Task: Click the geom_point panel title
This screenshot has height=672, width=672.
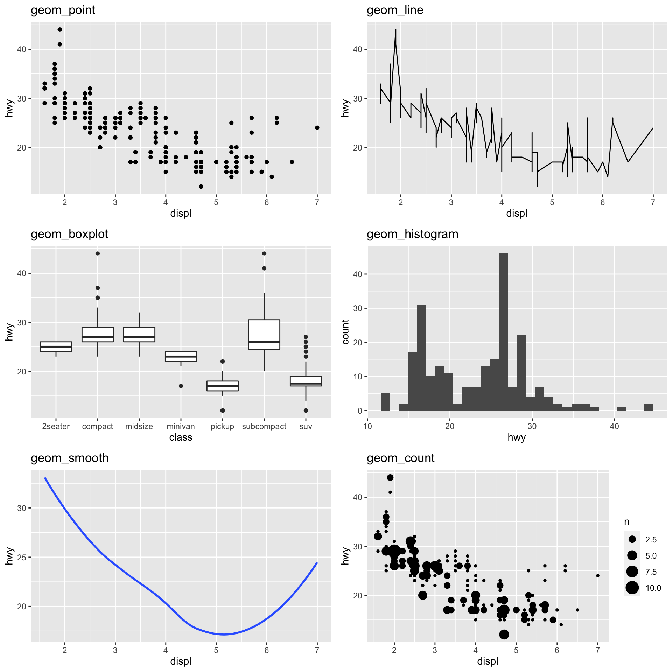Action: [x=63, y=10]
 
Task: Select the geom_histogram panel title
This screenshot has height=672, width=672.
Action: [x=412, y=234]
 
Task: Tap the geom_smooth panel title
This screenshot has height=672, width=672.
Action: [x=70, y=458]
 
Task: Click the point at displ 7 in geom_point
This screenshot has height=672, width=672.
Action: [x=317, y=128]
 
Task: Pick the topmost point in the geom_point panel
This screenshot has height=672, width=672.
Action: [x=60, y=30]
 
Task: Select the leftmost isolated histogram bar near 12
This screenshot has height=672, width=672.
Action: [x=385, y=402]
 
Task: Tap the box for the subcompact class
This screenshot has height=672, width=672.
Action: [x=264, y=334]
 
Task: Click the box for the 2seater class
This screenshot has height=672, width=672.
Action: [x=56, y=346]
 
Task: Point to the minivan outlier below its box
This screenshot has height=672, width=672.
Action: [x=181, y=386]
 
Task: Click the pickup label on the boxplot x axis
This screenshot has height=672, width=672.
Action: [x=222, y=426]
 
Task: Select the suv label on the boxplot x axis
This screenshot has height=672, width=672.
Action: [x=306, y=426]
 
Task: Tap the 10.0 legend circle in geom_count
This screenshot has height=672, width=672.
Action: [x=632, y=588]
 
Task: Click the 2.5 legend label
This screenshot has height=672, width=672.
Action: [x=651, y=540]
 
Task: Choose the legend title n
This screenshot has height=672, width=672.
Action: [x=626, y=522]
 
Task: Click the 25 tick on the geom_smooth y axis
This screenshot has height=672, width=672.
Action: [x=22, y=557]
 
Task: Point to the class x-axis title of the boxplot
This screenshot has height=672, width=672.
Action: [x=181, y=437]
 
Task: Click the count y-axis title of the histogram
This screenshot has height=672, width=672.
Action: [x=345, y=332]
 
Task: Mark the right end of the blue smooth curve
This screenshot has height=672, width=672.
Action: [x=317, y=563]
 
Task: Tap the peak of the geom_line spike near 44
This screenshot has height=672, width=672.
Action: [x=395, y=30]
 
